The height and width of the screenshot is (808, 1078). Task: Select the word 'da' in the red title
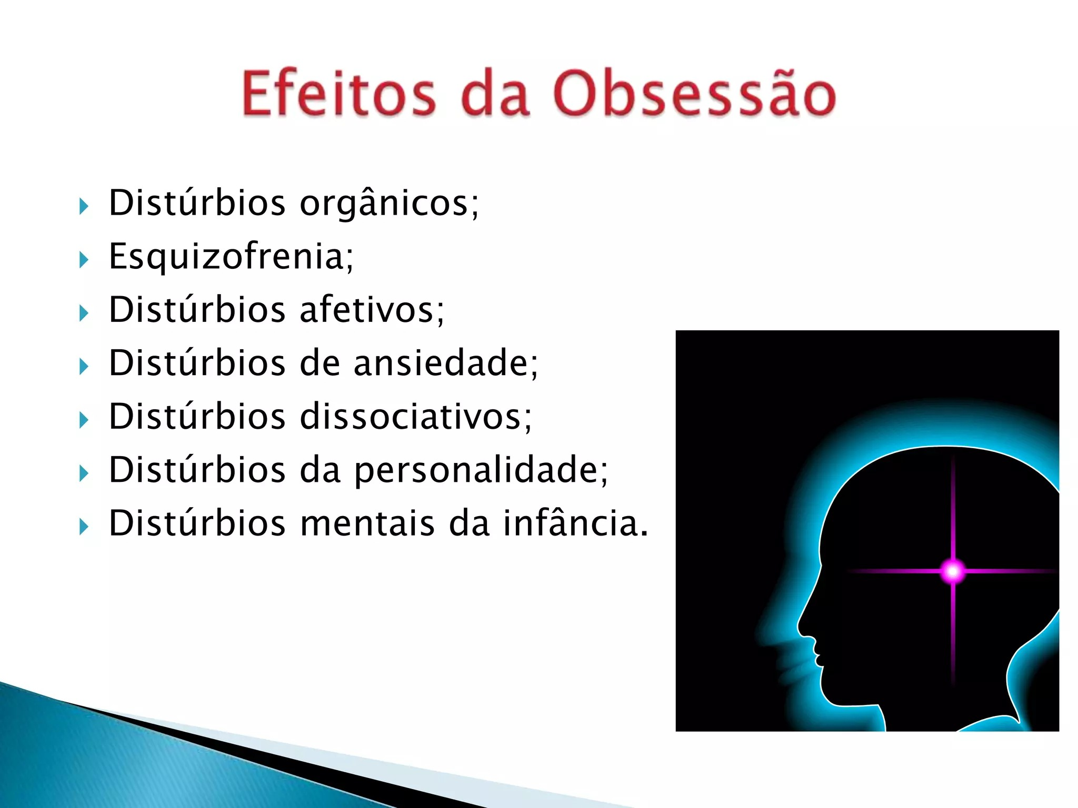pos(495,94)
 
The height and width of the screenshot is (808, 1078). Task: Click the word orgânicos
pos(390,204)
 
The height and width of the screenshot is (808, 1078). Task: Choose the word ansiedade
pos(446,362)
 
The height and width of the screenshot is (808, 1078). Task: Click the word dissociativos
pos(416,416)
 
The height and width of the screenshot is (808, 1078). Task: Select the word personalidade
pos(481,471)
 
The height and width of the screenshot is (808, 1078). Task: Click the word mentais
pos(367,523)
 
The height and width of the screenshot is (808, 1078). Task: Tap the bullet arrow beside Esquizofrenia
pos(84,259)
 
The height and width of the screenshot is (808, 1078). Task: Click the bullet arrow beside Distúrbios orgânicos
pos(84,206)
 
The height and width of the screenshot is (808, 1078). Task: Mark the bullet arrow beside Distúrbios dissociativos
pos(84,420)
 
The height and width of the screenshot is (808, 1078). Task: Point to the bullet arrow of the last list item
pos(84,526)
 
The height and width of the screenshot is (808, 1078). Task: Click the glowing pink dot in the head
pos(953,571)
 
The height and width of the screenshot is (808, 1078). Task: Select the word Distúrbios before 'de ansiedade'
pos(197,362)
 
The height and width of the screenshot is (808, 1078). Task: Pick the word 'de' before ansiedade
pos(320,362)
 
